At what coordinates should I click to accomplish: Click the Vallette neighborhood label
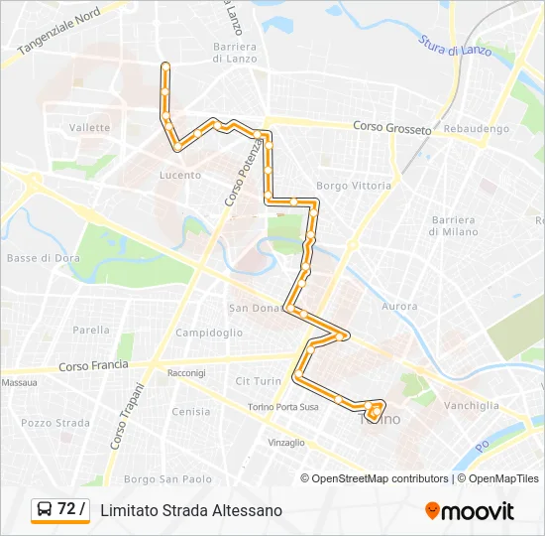coord(90,128)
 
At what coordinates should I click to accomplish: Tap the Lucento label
coord(180,176)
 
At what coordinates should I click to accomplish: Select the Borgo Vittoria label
coord(354,186)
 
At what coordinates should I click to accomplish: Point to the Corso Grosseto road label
coord(393,128)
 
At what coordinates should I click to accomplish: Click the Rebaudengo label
coord(477,129)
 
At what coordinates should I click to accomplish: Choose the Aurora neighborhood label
coord(399,307)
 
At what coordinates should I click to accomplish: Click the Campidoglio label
coord(209,334)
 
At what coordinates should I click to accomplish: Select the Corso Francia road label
coord(93,366)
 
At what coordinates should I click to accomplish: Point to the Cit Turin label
coord(259,381)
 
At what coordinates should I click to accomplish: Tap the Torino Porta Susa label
coord(283,407)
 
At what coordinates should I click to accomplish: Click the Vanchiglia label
coord(472,405)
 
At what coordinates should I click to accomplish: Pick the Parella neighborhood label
coord(91,331)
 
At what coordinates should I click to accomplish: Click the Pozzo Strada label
coord(55,423)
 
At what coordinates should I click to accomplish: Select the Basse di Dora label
coord(36,258)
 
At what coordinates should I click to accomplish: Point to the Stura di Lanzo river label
coord(453,46)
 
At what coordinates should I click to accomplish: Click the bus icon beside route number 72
coord(46,510)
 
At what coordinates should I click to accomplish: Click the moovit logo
coord(470,511)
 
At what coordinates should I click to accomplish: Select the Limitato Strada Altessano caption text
coord(191,510)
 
